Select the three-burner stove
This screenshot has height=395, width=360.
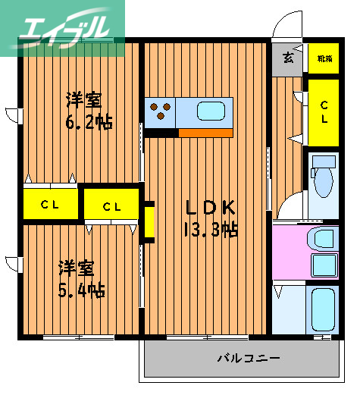pyautogui.click(x=160, y=110)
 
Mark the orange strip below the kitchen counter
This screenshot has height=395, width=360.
pyautogui.click(x=205, y=133)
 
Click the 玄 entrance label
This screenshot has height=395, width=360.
pyautogui.click(x=289, y=58)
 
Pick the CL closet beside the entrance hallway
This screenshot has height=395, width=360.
pyautogui.click(x=324, y=113)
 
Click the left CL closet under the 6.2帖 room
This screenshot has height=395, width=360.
pyautogui.click(x=50, y=204)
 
